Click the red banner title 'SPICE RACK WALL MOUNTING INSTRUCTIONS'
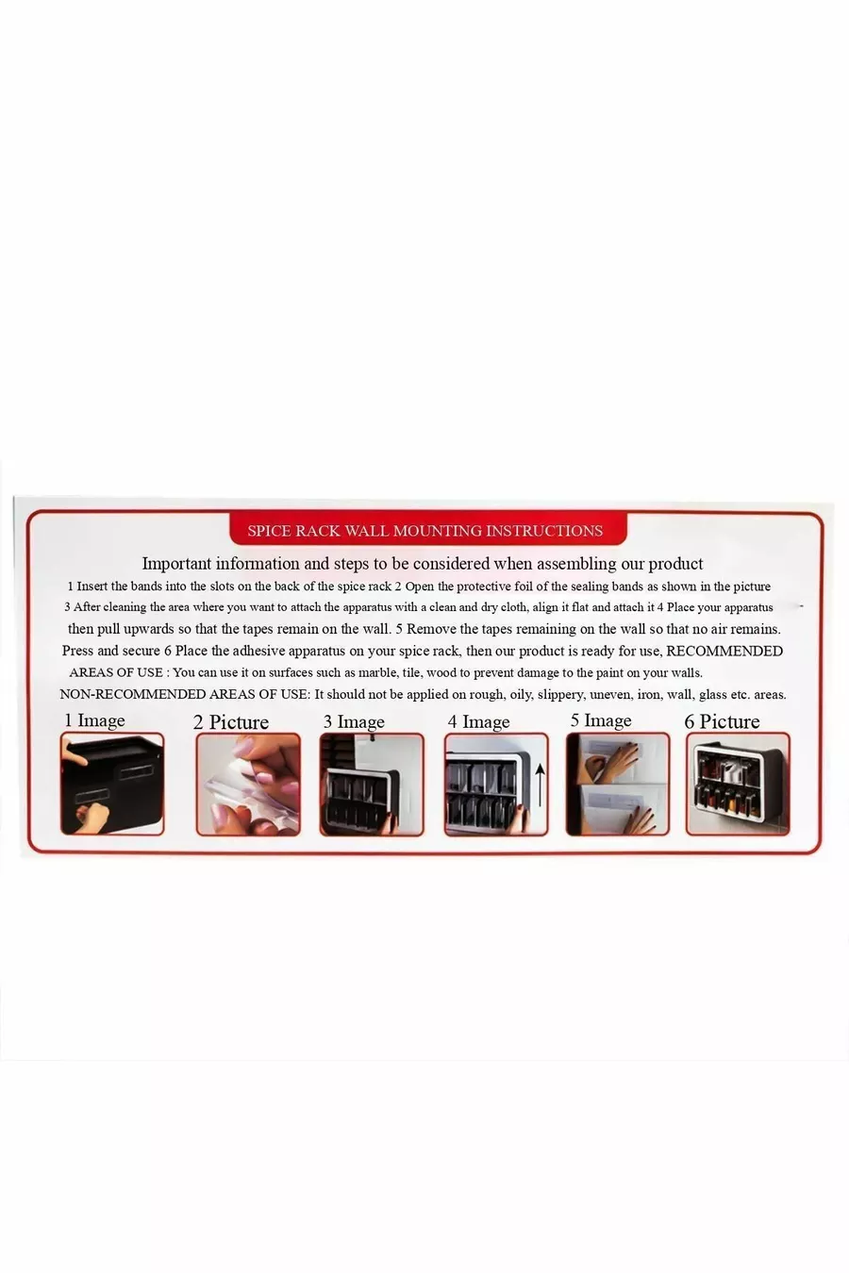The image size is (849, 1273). click(x=424, y=531)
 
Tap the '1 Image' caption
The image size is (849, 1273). click(x=94, y=720)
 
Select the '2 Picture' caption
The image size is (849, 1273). click(x=231, y=722)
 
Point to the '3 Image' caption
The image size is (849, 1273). click(x=354, y=721)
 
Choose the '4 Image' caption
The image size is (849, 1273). click(x=479, y=721)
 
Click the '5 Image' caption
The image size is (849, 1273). click(x=601, y=720)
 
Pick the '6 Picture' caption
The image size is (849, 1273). click(x=723, y=721)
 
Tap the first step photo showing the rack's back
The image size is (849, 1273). click(x=112, y=785)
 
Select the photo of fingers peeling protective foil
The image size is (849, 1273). click(x=248, y=785)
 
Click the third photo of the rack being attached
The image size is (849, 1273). click(x=372, y=785)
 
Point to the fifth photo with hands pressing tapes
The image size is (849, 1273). click(x=618, y=785)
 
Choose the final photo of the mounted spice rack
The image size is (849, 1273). click(x=738, y=785)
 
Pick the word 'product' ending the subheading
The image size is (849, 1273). click(x=676, y=564)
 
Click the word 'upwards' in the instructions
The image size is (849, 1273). click(x=148, y=630)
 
